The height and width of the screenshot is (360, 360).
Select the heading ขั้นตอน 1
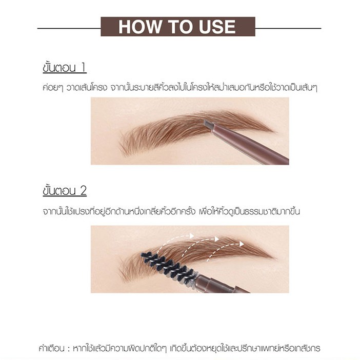pyautogui.click(x=65, y=68)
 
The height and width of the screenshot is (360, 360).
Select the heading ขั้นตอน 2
pyautogui.click(x=65, y=190)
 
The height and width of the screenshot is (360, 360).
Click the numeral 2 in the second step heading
pyautogui.click(x=83, y=191)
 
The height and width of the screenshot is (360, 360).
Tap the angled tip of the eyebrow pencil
pyautogui.click(x=209, y=125)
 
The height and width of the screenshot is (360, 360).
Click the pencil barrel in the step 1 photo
pyautogui.click(x=250, y=145)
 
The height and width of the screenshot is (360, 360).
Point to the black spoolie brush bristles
pyautogui.click(x=169, y=266)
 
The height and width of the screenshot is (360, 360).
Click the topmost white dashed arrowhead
pyautogui.click(x=192, y=236)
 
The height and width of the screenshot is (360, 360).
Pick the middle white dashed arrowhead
pyautogui.click(x=216, y=239)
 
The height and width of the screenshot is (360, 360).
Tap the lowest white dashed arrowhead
pyautogui.click(x=242, y=244)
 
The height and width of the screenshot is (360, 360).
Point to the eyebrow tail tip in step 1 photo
pyautogui.click(x=274, y=132)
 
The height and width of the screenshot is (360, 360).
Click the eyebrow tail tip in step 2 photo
pyautogui.click(x=274, y=257)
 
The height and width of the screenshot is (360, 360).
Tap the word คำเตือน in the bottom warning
pyautogui.click(x=52, y=348)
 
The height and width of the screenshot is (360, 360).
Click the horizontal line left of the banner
pyautogui.click(x=69, y=29)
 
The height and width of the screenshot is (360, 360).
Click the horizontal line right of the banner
pyautogui.click(x=288, y=29)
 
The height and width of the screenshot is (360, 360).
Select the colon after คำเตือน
pyautogui.click(x=69, y=349)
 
